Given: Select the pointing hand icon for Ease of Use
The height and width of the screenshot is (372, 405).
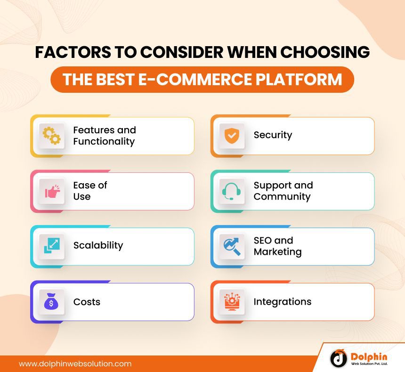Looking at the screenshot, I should point(51,191).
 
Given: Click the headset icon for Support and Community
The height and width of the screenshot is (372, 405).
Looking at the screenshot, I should point(232,191).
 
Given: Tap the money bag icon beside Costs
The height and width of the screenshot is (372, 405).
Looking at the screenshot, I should point(51,302).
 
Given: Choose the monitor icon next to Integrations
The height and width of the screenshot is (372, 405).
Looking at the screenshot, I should point(232,302).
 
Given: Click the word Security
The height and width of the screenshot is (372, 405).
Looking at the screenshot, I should point(273,135).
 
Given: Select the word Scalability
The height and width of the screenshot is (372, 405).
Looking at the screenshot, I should point(98,245).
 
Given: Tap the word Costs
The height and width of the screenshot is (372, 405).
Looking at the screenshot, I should point(87,302).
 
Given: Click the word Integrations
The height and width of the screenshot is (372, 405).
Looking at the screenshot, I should point(282,302).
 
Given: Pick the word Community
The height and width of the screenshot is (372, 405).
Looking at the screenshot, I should point(282,197).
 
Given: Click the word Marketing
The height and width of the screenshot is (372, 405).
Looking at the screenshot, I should point(277,252).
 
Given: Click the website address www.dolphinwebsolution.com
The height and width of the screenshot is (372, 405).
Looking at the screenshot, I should point(75,364).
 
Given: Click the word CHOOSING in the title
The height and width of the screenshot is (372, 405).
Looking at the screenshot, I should point(330,53).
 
